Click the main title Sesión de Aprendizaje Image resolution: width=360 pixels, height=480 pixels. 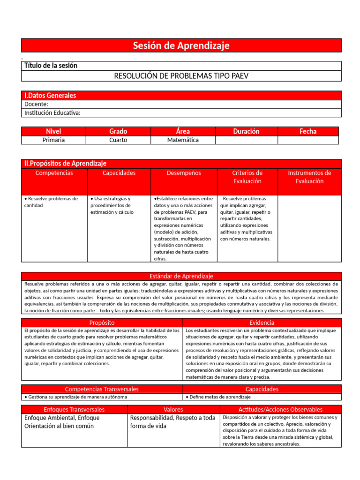coord(181,45)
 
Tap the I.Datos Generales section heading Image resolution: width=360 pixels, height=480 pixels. coord(50,96)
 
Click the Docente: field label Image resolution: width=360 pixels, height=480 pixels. coord(36,104)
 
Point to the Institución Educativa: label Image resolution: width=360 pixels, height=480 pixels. coord(52,112)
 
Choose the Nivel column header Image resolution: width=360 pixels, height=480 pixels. coord(53,131)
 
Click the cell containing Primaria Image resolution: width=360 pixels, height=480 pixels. coord(53,140)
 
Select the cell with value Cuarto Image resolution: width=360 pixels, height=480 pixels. coord(118,140)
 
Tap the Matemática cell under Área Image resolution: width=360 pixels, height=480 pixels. coord(183,140)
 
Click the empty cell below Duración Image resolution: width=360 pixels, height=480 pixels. coord(246,140)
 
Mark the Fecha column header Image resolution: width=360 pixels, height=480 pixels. coord(308,131)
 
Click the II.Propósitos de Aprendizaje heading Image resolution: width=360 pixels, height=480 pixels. coord(65,164)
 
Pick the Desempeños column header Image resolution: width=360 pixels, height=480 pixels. coord(184,173)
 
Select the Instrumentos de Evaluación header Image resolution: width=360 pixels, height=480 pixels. coord(309,177)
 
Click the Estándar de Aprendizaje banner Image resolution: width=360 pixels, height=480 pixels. coord(181,276)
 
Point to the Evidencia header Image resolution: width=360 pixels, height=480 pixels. coord(262,322)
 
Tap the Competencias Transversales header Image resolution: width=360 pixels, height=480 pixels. coord(102,389)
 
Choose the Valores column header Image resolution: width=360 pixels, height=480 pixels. coord(173,410)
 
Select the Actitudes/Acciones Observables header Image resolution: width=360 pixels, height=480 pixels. coord(280,410)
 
